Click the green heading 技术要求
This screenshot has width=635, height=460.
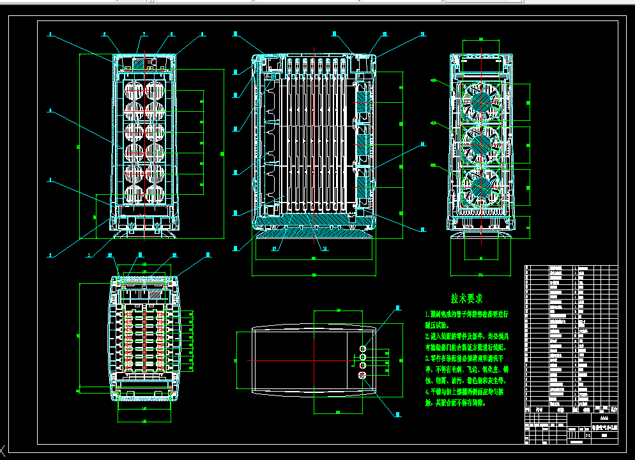[466, 298]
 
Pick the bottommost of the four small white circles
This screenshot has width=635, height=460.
[363, 376]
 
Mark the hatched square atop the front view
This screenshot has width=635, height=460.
[138, 64]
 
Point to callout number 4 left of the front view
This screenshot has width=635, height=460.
[50, 110]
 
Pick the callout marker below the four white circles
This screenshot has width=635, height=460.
[402, 413]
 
